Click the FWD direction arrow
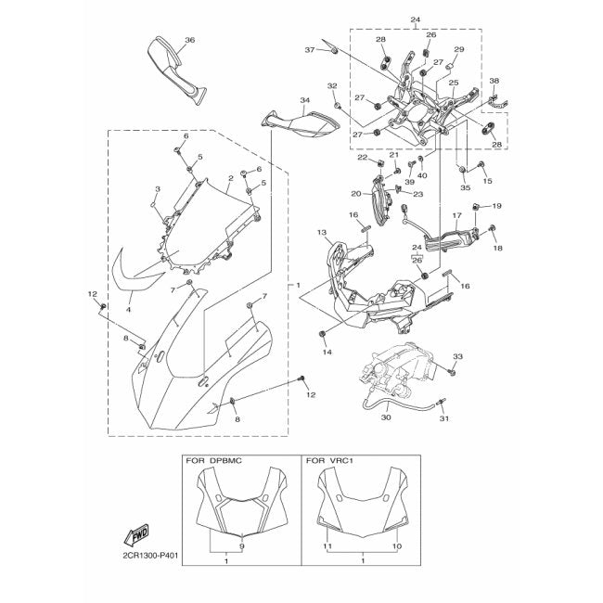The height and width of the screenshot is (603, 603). (x=137, y=536)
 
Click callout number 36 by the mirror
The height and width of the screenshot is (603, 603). (x=189, y=40)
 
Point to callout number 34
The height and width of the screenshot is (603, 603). (x=303, y=99)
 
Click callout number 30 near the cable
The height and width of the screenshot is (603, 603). (x=386, y=418)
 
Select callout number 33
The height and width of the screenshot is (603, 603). (x=457, y=356)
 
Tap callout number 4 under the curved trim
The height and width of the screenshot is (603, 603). (x=129, y=309)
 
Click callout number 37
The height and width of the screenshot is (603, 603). (x=310, y=50)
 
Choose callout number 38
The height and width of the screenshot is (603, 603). (x=494, y=81)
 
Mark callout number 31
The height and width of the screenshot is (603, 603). (x=443, y=419)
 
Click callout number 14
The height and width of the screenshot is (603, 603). (x=327, y=353)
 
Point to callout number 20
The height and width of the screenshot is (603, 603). (x=355, y=194)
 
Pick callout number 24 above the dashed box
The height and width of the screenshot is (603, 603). (x=415, y=19)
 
